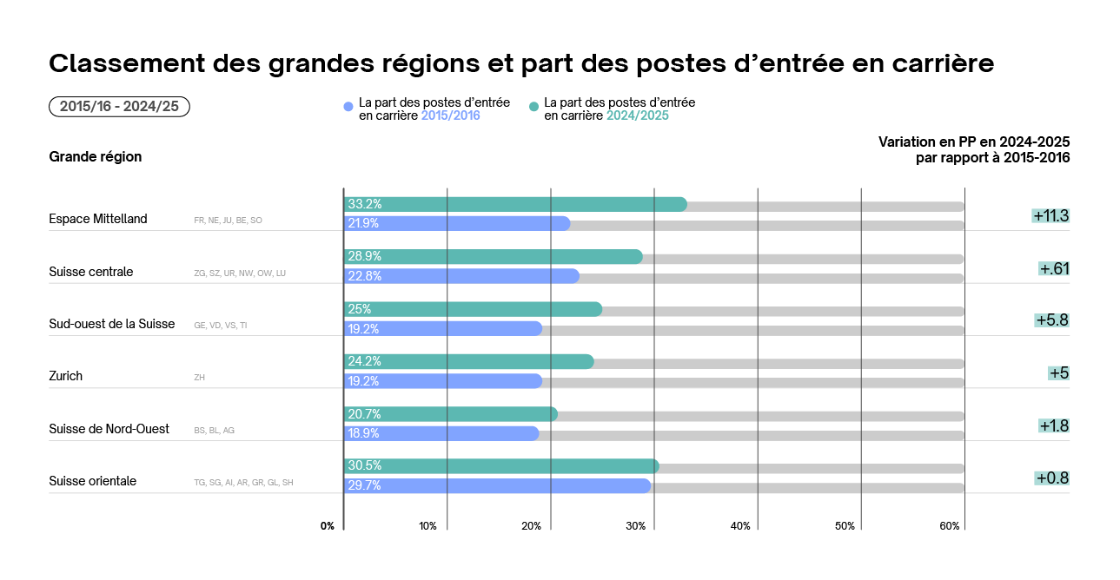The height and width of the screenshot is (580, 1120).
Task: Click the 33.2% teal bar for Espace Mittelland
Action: pyautogui.click(x=515, y=205)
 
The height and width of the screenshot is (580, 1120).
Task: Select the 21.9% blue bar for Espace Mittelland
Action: pyautogui.click(x=457, y=224)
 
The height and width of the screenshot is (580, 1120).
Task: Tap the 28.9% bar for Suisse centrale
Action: pyautogui.click(x=493, y=257)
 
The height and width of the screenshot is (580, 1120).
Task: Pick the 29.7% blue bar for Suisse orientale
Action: pyautogui.click(x=497, y=486)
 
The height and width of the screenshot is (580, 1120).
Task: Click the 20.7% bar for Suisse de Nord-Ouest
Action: pyautogui.click(x=450, y=414)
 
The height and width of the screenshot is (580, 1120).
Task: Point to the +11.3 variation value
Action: pyautogui.click(x=1050, y=216)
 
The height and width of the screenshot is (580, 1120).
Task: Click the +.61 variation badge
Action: pyautogui.click(x=1054, y=269)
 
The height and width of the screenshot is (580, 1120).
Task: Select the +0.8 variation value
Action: pyautogui.click(x=1051, y=478)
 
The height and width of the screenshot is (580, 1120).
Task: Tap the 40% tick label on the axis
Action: pyautogui.click(x=740, y=526)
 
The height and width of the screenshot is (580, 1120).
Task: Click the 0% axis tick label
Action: pyautogui.click(x=328, y=526)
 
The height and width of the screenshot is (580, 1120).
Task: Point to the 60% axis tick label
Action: pyautogui.click(x=949, y=526)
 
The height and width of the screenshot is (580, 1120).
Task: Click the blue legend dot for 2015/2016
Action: pyautogui.click(x=349, y=108)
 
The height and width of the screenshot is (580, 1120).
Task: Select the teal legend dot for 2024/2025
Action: pyautogui.click(x=534, y=108)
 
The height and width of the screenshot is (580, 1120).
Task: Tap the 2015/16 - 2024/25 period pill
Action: pyautogui.click(x=119, y=107)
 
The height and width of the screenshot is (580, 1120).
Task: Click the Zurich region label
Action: pyautogui.click(x=66, y=377)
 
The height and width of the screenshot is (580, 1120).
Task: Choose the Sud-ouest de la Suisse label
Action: pyautogui.click(x=112, y=325)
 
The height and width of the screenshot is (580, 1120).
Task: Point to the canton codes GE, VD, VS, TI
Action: pyautogui.click(x=221, y=326)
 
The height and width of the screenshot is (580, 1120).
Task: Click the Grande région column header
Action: pyautogui.click(x=96, y=157)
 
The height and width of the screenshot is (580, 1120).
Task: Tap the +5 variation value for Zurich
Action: pyautogui.click(x=1058, y=373)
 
